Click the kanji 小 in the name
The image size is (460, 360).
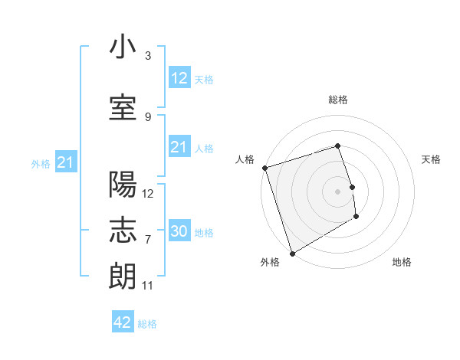coord(123,47)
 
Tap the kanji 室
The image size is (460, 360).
coord(123,108)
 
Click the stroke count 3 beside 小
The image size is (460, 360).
coord(148,56)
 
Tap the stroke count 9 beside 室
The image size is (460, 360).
coord(148,116)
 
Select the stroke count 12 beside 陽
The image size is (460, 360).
coord(148,193)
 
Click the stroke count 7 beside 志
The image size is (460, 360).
coord(148,239)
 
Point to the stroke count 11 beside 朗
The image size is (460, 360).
coord(148,286)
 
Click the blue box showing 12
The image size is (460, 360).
coord(179,77)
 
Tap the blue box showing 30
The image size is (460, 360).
coord(179,231)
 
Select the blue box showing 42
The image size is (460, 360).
coord(123,322)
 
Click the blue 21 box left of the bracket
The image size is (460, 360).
coord(66,162)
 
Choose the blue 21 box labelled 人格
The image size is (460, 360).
coord(179,147)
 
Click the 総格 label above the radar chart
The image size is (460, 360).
coord(337,100)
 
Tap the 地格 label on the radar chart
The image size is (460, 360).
coord(402,262)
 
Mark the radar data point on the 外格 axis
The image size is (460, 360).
coord(291,254)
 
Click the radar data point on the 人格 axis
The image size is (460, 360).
coord(264,168)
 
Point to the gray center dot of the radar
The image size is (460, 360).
coord(337,191)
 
